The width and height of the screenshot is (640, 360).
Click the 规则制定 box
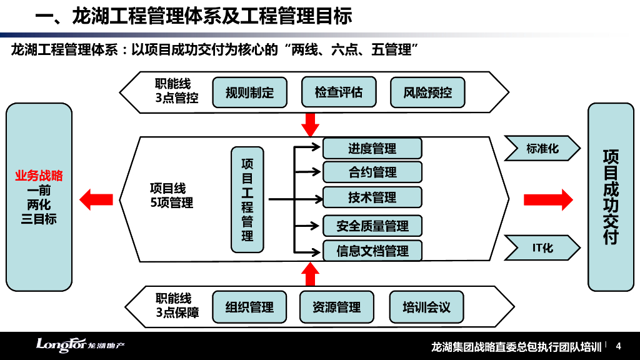[250, 93]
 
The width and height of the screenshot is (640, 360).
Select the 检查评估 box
[339, 92]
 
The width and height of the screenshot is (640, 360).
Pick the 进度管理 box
[372, 148]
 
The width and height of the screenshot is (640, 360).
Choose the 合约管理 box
[372, 172]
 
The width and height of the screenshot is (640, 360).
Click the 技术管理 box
[372, 197]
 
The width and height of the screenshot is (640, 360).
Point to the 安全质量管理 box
[372, 226]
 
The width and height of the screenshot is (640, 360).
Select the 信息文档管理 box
[372, 251]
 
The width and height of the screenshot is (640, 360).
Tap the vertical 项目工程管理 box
[247, 199]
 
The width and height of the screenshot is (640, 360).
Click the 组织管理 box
[249, 307]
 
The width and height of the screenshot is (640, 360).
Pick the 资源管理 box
[336, 307]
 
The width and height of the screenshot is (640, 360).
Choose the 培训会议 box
[426, 307]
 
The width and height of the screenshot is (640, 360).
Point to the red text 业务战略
[39, 176]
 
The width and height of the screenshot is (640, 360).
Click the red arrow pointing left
[96, 199]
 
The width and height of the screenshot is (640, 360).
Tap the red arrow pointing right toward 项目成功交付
[547, 199]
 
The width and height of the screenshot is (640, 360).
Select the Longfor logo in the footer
[80, 346]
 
